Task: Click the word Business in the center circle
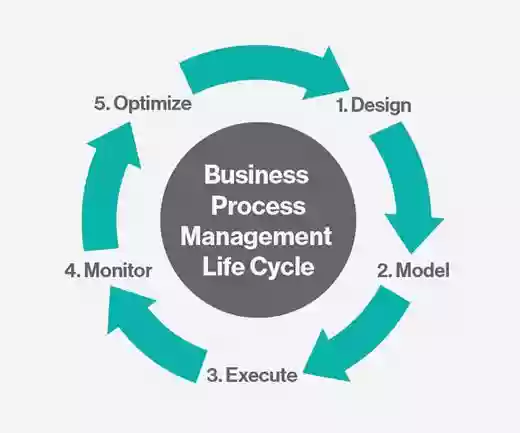point(256,174)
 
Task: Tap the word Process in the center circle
point(258,205)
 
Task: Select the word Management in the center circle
point(256,237)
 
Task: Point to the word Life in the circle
point(222,266)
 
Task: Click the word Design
point(381,106)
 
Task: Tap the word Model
point(423,270)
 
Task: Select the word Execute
point(262,375)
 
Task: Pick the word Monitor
point(118,270)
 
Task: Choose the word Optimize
point(153,104)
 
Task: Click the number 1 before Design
point(342,105)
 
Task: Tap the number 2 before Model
point(385,270)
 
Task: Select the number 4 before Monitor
point(72,270)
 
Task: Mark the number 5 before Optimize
point(102,103)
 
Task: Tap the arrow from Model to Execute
point(362,338)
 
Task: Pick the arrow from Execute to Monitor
point(152,337)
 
